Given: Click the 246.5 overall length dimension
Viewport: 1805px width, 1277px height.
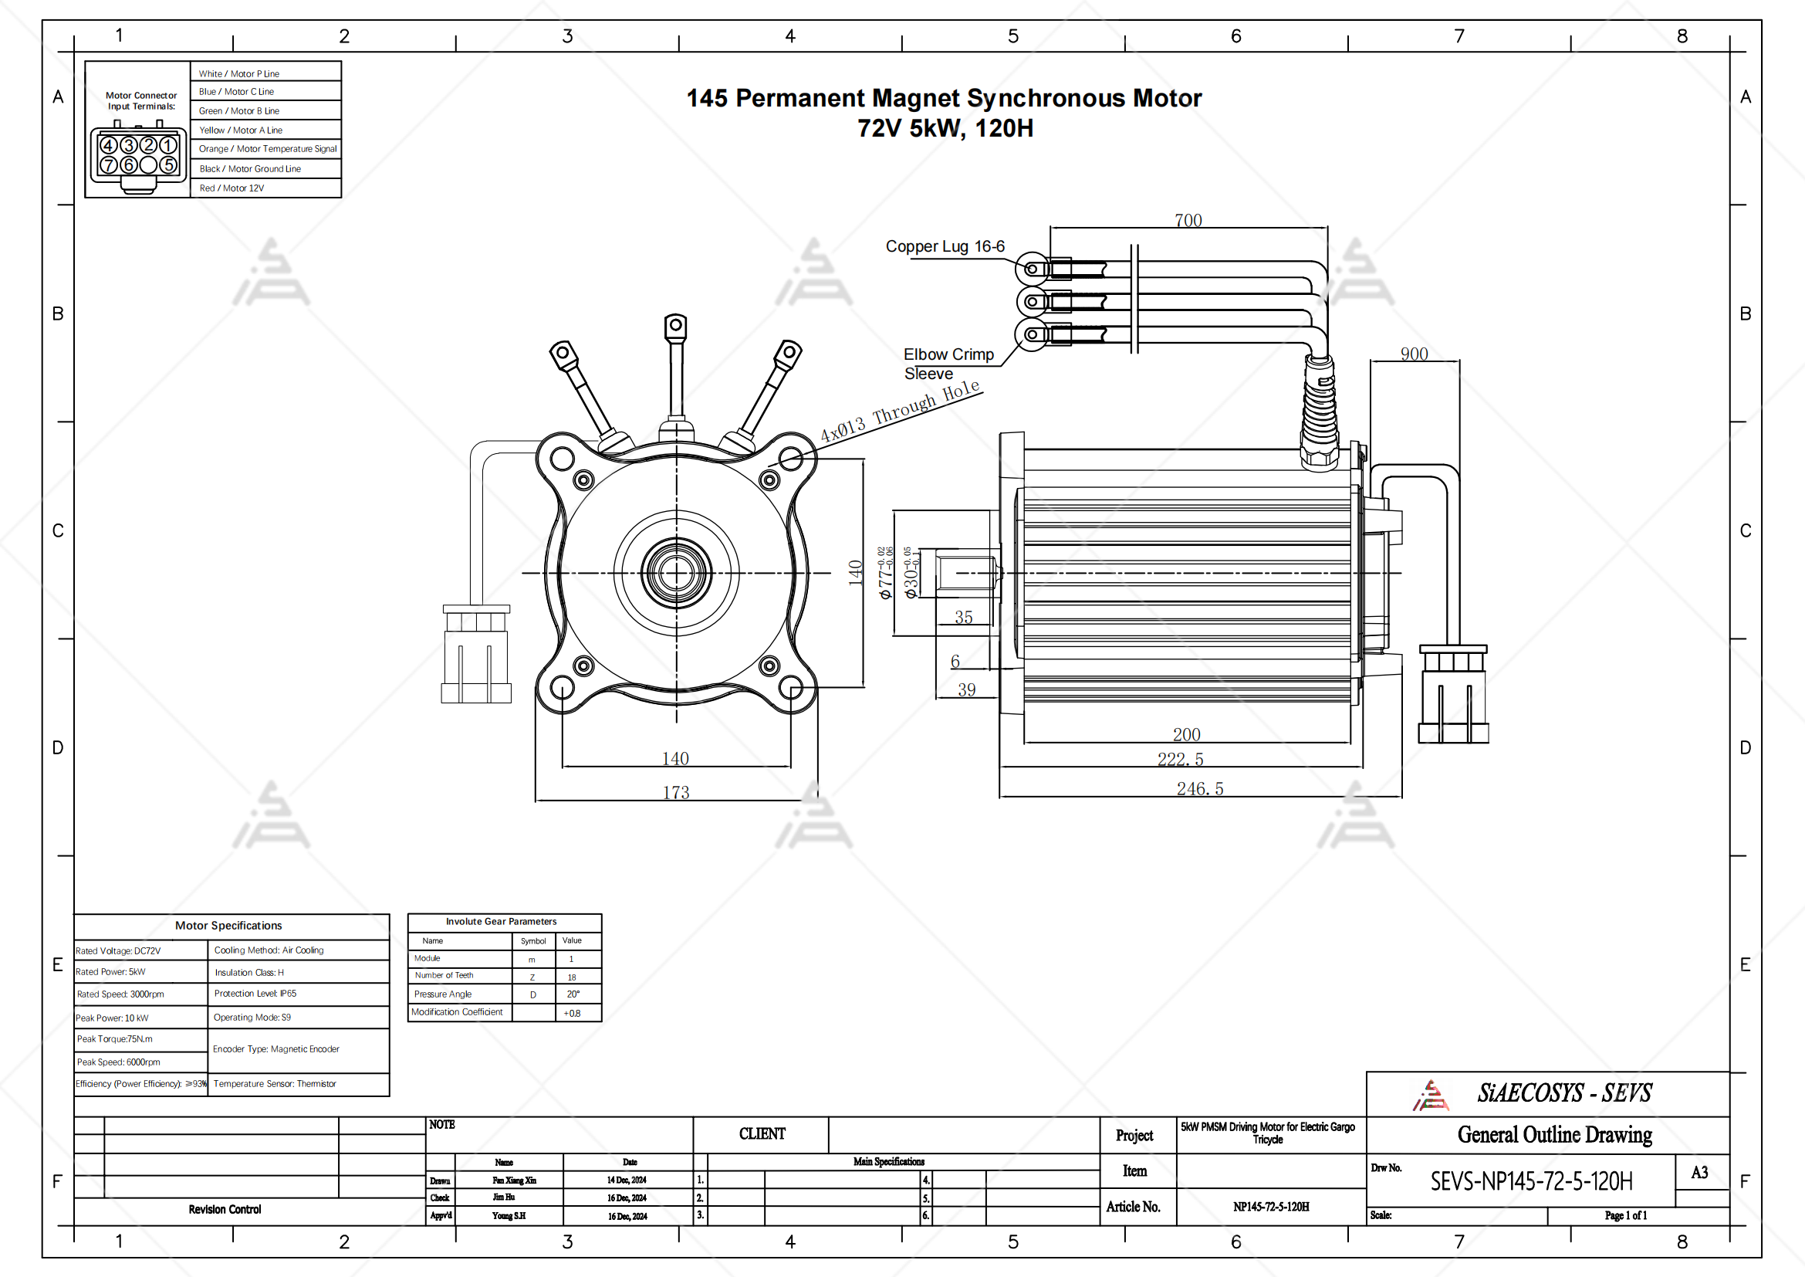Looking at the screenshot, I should click(1200, 789).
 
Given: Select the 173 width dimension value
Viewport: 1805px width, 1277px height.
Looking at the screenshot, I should click(675, 793).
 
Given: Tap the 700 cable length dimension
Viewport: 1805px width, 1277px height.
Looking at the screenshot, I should click(1188, 220).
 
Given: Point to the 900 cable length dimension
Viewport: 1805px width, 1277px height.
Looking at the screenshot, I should click(1414, 354).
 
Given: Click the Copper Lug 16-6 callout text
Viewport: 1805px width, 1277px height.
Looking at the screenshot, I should click(945, 246).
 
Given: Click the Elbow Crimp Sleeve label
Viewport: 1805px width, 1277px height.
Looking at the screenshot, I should click(948, 364).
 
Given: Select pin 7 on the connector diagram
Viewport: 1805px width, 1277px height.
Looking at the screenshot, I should click(109, 165).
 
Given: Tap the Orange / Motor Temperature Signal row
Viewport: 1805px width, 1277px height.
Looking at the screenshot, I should click(267, 148).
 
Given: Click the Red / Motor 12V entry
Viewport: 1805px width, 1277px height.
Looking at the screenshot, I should click(232, 188).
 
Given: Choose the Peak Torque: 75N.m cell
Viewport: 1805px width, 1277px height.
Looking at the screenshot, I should click(115, 1038).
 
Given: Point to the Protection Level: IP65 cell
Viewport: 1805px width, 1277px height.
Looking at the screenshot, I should click(255, 994).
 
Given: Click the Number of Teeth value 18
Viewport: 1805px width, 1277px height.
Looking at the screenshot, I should click(572, 977).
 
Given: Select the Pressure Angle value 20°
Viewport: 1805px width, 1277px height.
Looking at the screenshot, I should click(573, 994).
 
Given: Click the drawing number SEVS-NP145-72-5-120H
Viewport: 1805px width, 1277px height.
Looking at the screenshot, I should click(1530, 1181).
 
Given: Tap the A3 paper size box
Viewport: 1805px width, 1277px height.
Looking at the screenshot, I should click(1699, 1173).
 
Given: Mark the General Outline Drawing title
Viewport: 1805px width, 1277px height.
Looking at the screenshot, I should click(1554, 1135).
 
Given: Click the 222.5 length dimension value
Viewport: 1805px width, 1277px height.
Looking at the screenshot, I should click(1180, 760).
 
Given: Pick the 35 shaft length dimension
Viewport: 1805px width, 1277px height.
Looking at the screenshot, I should click(964, 618).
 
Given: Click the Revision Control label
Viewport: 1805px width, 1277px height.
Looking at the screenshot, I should click(225, 1209).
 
